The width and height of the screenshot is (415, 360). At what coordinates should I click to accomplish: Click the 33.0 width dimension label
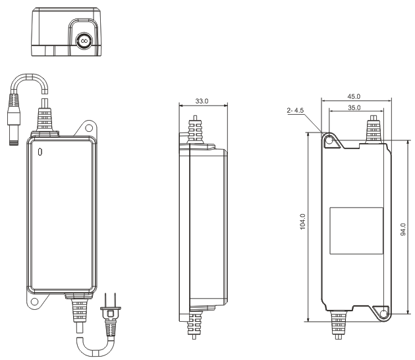click(202, 102)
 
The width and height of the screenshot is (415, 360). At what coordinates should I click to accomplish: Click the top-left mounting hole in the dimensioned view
click(329, 138)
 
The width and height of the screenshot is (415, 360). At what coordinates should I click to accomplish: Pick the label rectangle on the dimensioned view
click(356, 230)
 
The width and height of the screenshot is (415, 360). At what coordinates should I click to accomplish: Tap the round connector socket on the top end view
click(84, 40)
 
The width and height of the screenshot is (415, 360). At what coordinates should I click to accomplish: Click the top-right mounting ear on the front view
click(87, 127)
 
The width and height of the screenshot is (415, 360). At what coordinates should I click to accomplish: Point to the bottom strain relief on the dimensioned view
click(338, 322)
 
